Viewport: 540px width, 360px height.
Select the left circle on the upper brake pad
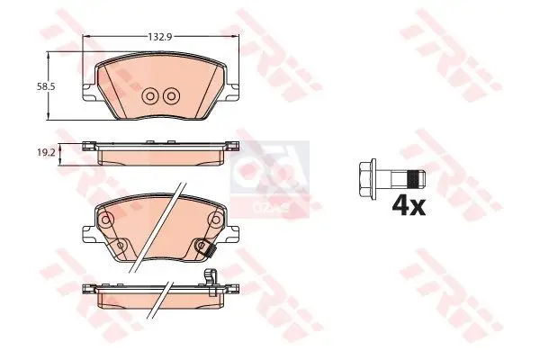[x=150, y=95]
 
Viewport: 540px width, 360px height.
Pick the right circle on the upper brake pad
[x=169, y=95]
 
